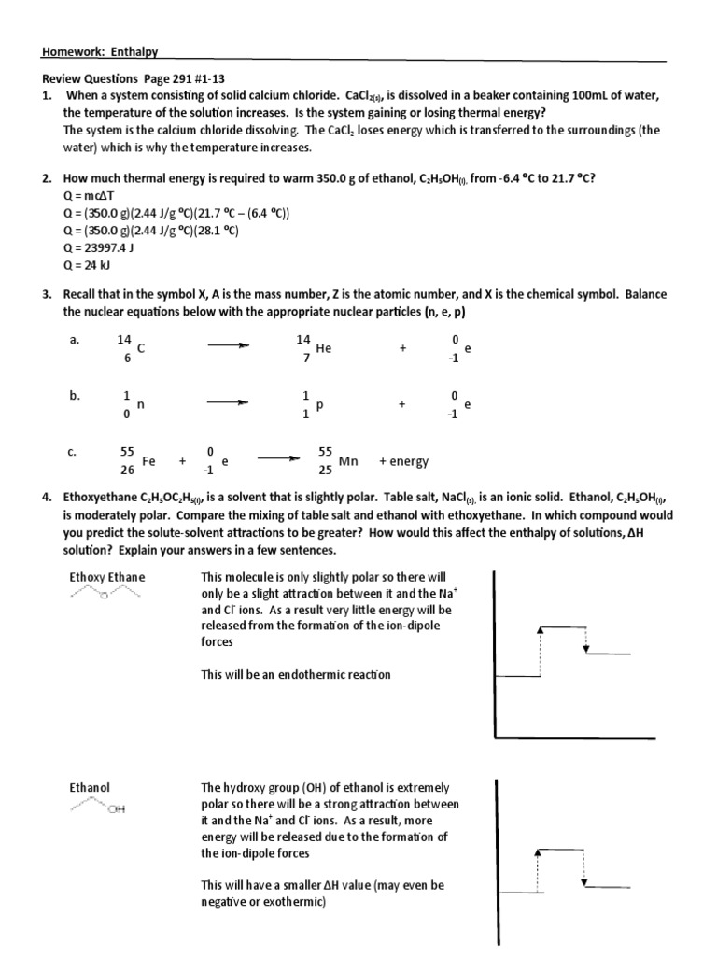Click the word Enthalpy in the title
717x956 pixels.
(x=140, y=53)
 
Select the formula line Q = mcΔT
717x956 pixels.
(x=86, y=196)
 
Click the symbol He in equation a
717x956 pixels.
(x=324, y=348)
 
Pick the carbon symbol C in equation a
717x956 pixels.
(x=140, y=348)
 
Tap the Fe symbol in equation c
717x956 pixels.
(x=148, y=461)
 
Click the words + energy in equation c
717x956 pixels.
(x=404, y=461)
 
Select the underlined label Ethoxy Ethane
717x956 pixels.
(x=107, y=577)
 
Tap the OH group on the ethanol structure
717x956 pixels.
(x=116, y=809)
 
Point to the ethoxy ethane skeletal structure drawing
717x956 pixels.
(x=107, y=595)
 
